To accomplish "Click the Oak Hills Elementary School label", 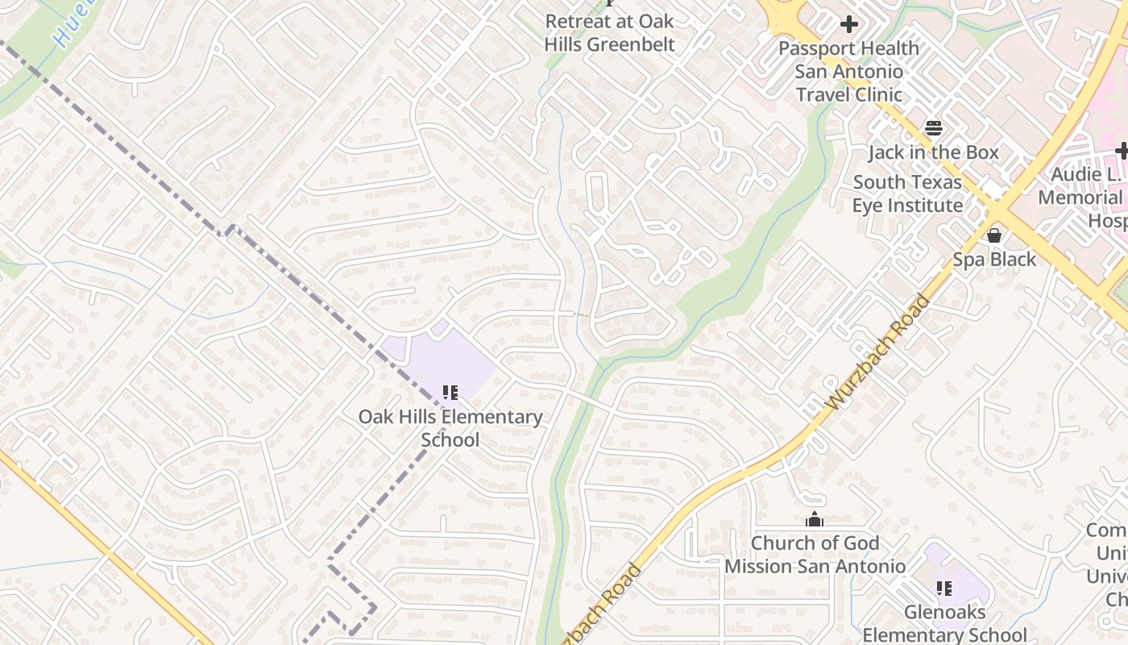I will [450, 428].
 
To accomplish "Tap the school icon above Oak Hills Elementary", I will [450, 393].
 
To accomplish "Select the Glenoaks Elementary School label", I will [944, 623].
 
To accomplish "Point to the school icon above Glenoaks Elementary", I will [944, 589].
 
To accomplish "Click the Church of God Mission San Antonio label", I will [815, 555].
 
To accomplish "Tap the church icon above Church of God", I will [815, 520].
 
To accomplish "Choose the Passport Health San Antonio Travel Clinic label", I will [849, 71].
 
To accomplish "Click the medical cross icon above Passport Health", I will [848, 25].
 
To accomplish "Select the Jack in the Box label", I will [933, 152].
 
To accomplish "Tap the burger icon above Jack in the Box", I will [933, 128].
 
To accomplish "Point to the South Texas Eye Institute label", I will [907, 193].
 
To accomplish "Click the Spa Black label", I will [994, 259].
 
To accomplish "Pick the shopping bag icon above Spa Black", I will [994, 235].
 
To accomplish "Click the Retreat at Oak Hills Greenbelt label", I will [609, 32].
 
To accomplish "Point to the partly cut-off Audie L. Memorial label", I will [1084, 198].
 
